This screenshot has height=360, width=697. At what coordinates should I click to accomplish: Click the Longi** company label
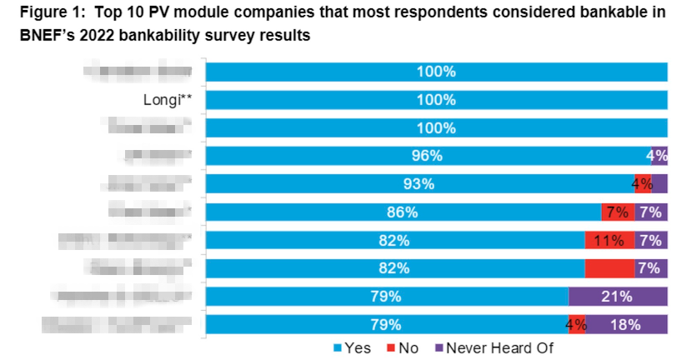point(168,101)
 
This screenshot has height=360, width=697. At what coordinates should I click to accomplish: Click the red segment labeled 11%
point(609,241)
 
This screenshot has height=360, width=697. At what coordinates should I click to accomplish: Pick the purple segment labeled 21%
point(618,297)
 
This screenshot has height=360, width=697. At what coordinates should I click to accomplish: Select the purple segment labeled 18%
point(626,324)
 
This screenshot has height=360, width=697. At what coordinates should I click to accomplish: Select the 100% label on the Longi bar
point(436,101)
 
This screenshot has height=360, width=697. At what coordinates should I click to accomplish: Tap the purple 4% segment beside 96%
point(659,156)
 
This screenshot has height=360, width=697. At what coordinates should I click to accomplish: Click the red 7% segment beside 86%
point(618,212)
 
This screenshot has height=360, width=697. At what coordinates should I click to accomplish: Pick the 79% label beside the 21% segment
point(387,297)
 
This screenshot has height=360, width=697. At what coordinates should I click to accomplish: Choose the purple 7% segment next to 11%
point(650,241)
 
